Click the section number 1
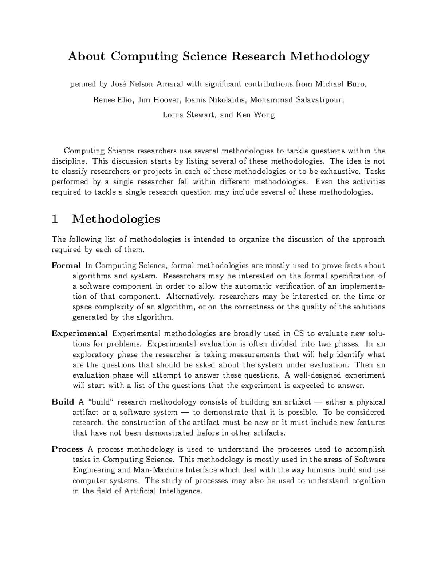pyautogui.click(x=55, y=219)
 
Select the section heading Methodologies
pyautogui.click(x=116, y=219)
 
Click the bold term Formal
pyautogui.click(x=66, y=265)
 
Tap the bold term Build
pyautogui.click(x=63, y=402)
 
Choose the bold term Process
pyautogui.click(x=67, y=449)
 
